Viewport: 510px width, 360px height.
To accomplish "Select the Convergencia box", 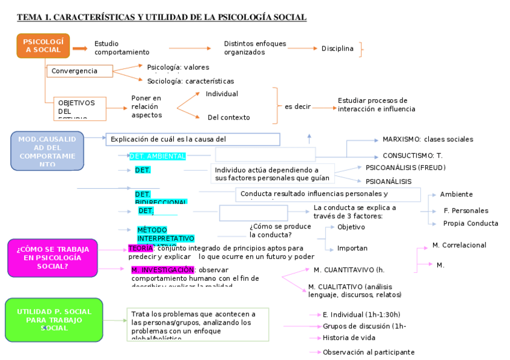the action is (80, 71).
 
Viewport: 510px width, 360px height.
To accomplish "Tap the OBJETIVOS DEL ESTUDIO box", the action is (79, 109).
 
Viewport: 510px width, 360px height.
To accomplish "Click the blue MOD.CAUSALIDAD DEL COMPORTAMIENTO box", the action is (48, 151).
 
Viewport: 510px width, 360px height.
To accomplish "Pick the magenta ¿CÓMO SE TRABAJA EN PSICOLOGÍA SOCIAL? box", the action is (52, 257).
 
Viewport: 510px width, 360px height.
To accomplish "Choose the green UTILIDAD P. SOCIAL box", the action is (54, 319).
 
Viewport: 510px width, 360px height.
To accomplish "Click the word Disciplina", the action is (337, 49).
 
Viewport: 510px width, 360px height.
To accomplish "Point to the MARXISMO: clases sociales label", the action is (428, 139).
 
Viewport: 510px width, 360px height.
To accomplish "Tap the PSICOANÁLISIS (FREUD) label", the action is (405, 167).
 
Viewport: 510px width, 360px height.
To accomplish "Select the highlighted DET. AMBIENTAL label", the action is (158, 156).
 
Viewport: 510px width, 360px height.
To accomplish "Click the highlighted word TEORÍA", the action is (141, 248).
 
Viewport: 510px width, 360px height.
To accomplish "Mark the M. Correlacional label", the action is (459, 245).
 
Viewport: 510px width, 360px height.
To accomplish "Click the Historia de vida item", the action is (349, 338).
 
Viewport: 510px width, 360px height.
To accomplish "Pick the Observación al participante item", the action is (369, 352).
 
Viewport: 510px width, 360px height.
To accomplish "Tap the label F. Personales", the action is (465, 211).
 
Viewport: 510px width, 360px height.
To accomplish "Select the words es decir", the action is (298, 106).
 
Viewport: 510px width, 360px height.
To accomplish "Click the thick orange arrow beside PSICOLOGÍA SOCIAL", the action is (80, 49).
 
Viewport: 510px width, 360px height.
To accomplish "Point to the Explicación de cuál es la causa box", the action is (192, 139).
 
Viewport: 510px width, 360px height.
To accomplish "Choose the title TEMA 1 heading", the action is (162, 17).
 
